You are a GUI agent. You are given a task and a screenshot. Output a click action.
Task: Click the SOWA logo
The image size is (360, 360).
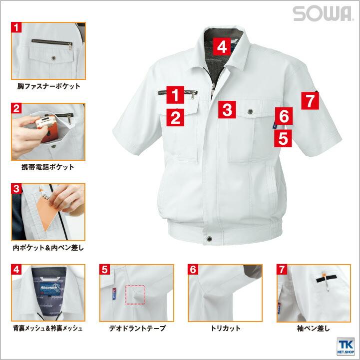point(322,13)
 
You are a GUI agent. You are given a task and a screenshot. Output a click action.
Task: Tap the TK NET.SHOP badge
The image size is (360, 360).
point(346,346)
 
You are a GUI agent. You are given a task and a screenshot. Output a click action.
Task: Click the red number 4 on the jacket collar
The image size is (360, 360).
point(222,46)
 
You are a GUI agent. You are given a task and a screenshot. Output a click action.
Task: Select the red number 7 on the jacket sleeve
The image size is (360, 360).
point(310,100)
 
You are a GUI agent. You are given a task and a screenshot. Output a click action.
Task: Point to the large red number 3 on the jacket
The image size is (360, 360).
point(227,109)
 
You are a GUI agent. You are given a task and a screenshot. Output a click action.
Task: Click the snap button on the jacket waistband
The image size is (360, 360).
point(209,239)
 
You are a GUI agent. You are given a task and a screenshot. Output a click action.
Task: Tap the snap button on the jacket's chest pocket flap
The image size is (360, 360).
point(250,112)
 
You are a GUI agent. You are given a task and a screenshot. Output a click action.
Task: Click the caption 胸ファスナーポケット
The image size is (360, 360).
point(48,86)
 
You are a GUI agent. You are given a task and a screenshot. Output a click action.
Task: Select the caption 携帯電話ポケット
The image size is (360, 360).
point(48,167)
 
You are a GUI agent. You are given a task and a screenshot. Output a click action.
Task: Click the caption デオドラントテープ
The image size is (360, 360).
point(137,329)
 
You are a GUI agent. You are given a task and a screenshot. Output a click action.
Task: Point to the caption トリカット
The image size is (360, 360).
point(226,329)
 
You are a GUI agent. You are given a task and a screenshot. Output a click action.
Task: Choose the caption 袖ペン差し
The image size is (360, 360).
point(313,329)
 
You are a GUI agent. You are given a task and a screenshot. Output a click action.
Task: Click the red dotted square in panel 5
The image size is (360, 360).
point(135,295)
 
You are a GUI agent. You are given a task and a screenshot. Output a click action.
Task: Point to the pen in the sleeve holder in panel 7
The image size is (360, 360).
point(325,281)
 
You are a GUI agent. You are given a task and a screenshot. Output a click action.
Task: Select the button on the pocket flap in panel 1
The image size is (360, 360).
point(54,58)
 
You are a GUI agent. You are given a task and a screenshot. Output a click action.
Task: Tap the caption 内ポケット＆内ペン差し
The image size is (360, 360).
point(48,248)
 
